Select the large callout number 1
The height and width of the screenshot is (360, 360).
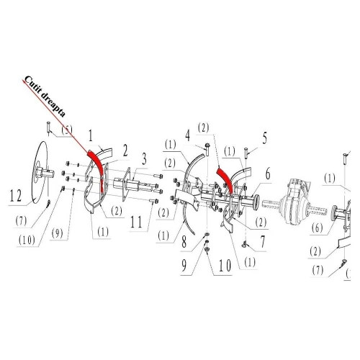tap(91, 134)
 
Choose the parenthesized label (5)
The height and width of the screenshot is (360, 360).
tap(66, 130)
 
